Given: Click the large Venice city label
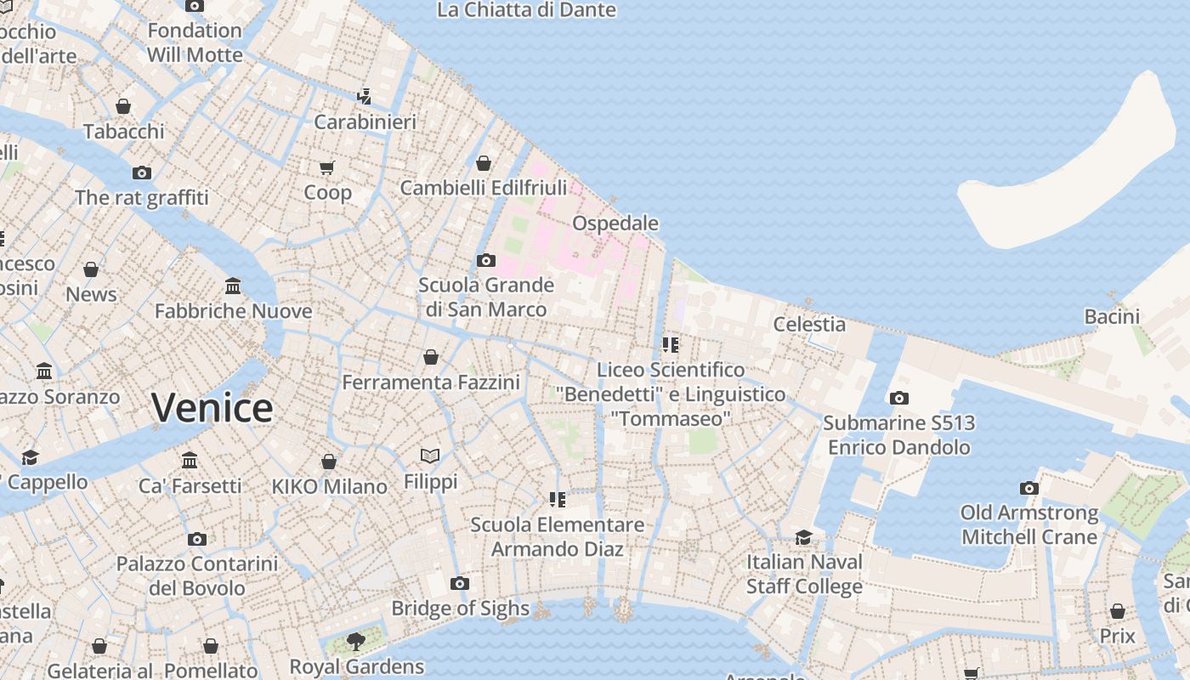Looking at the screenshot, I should point(212,408).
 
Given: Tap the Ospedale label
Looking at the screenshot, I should point(615,223).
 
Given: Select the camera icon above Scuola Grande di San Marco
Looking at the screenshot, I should point(486,260).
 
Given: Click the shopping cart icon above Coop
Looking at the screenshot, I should point(327,167).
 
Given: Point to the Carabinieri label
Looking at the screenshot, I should point(365,122).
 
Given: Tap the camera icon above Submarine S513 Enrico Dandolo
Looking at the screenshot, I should point(898,398).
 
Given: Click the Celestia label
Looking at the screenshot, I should point(809,324).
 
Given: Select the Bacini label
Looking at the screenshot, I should point(1112,316).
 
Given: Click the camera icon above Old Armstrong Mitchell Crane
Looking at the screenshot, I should point(1029,488).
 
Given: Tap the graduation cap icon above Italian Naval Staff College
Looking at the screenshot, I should point(803,537).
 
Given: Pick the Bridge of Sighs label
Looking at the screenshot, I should point(460,609).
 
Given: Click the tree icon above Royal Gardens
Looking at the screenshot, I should point(356,641).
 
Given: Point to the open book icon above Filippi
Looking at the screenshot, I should point(430,456).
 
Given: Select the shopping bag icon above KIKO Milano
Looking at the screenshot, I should point(329,462).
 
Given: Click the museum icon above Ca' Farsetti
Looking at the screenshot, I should point(190,461).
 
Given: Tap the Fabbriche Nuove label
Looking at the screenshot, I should point(234,311).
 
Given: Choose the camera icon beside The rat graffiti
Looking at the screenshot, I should point(142,173).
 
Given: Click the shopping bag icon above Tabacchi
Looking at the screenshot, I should point(123,106).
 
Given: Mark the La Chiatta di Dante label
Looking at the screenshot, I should point(526,10).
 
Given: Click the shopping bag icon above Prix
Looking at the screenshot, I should point(1118,611).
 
